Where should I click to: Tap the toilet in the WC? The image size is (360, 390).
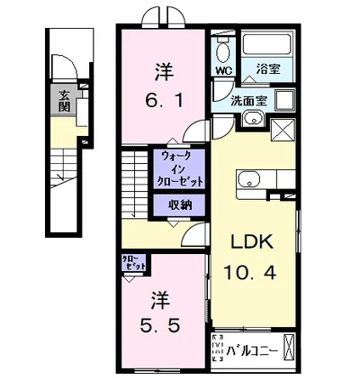click(x=222, y=48)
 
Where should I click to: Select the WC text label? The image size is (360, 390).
click(x=222, y=68)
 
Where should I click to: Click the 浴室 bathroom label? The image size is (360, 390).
click(x=262, y=68)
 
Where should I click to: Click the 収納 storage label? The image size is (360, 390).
click(x=180, y=204)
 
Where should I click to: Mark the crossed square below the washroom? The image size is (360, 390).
click(x=283, y=132)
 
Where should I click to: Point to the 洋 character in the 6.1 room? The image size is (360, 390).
click(x=166, y=69)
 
